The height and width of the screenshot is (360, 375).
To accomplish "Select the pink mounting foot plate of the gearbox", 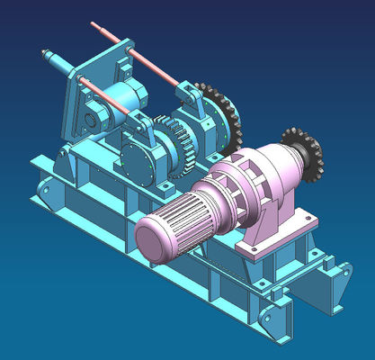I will tap(270, 241).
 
